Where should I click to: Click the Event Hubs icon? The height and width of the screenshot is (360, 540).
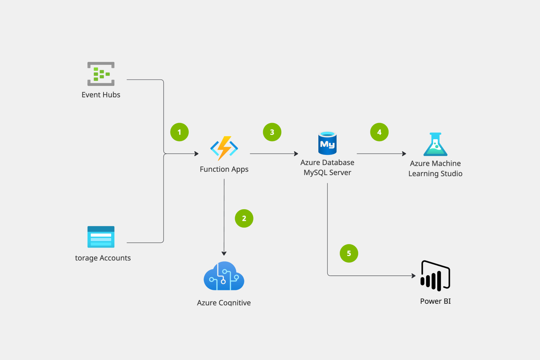pyautogui.click(x=101, y=74)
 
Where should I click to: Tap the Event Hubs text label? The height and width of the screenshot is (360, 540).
pyautogui.click(x=101, y=95)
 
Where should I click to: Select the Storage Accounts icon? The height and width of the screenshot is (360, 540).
pyautogui.click(x=101, y=237)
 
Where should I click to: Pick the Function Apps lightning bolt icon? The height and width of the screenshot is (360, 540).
pyautogui.click(x=224, y=148)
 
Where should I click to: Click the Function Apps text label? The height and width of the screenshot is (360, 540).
pyautogui.click(x=224, y=169)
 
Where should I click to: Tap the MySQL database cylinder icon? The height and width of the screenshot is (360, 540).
pyautogui.click(x=327, y=143)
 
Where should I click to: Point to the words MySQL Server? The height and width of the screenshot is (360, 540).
pyautogui.click(x=327, y=173)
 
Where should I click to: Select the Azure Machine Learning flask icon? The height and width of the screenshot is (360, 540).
pyautogui.click(x=435, y=144)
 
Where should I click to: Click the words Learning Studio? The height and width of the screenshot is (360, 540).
pyautogui.click(x=435, y=174)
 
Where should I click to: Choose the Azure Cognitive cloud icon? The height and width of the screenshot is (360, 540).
pyautogui.click(x=224, y=276)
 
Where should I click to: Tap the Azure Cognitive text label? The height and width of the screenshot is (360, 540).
pyautogui.click(x=224, y=303)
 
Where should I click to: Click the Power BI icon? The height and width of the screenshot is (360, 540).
pyautogui.click(x=435, y=276)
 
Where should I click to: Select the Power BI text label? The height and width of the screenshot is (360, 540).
pyautogui.click(x=435, y=301)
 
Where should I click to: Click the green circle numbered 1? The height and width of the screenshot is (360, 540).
pyautogui.click(x=179, y=132)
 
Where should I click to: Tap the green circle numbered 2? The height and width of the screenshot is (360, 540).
pyautogui.click(x=244, y=218)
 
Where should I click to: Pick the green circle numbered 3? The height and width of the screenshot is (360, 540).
pyautogui.click(x=272, y=132)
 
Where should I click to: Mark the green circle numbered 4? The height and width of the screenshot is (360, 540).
pyautogui.click(x=379, y=132)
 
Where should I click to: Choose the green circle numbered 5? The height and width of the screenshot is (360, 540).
pyautogui.click(x=349, y=253)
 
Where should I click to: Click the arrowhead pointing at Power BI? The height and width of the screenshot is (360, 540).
pyautogui.click(x=414, y=276)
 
